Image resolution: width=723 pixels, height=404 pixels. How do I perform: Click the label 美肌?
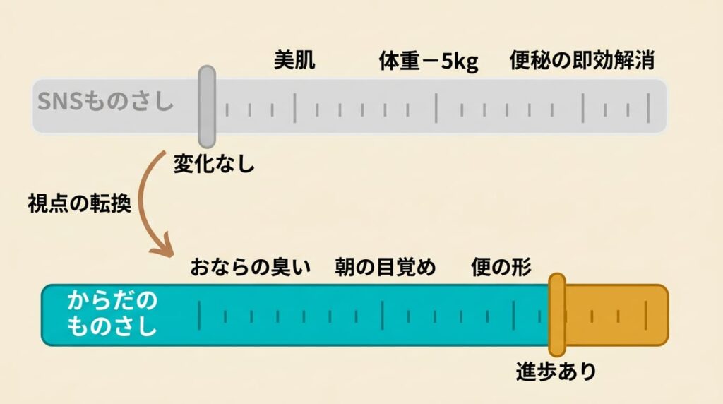[294, 61]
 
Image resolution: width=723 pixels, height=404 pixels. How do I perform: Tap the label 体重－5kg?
[429, 61]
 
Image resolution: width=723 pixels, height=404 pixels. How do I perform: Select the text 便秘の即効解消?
[581, 61]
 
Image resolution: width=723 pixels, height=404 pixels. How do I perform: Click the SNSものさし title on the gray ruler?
[105, 103]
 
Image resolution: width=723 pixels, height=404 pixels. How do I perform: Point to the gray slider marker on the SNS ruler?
[206, 106]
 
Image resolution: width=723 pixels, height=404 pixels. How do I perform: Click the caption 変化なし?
[213, 165]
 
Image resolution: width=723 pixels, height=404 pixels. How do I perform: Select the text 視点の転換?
[79, 206]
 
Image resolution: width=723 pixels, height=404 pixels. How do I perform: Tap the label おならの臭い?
[251, 268]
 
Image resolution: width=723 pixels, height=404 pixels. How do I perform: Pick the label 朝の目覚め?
[385, 268]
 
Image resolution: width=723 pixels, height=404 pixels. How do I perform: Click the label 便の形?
[501, 268]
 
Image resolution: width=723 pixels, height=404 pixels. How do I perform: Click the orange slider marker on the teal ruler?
[557, 314]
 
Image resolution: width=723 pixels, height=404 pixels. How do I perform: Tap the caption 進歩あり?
[556, 372]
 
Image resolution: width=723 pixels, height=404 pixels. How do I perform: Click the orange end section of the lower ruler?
[614, 315]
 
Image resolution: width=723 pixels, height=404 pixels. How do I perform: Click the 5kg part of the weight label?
[460, 62]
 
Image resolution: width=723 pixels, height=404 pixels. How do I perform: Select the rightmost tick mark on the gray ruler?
[648, 107]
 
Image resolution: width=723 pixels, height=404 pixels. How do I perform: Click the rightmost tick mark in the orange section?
[645, 315]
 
